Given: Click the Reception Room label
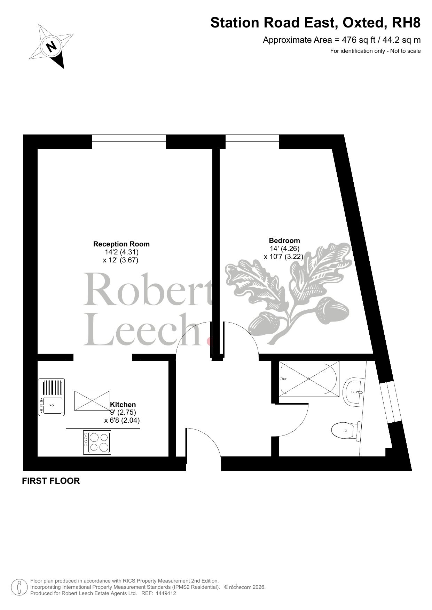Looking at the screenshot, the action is coord(121,244).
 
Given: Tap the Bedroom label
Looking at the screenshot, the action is coord(284,241).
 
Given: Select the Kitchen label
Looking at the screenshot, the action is coord(123,405).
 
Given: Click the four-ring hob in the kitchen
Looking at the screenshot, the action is coord(97,442).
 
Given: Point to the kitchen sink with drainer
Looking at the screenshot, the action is coord(52,397).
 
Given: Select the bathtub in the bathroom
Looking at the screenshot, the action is coord(309,379).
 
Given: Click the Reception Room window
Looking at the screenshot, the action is coord(129,142).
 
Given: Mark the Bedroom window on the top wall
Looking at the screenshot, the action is coord(252,142).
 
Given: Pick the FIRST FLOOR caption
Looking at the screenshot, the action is coord(51,481).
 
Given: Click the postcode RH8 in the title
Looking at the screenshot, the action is coord(406,23).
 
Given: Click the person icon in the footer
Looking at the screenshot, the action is coord(19,587).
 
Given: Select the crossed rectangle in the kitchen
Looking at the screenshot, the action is coord(92,401).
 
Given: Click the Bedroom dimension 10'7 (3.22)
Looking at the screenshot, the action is coord(283,257).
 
